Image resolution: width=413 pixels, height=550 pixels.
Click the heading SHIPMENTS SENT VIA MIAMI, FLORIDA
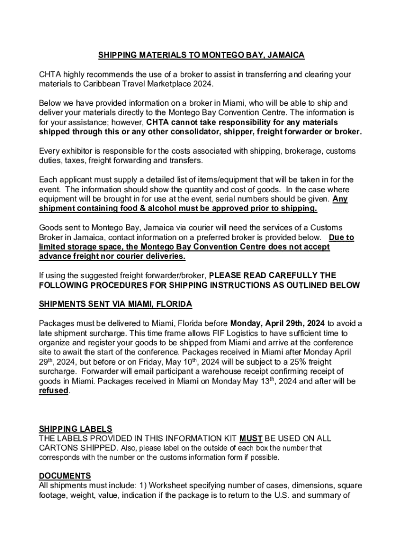pyautogui.click(x=115, y=304)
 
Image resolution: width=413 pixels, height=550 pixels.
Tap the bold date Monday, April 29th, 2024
pyautogui.click(x=278, y=323)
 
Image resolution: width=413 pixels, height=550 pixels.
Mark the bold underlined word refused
pyautogui.click(x=53, y=391)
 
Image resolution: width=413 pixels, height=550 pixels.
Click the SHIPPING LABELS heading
pyautogui.click(x=75, y=429)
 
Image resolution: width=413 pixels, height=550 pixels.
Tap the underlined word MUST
pyautogui.click(x=250, y=439)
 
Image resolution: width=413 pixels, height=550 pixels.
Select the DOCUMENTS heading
pyautogui.click(x=65, y=476)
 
